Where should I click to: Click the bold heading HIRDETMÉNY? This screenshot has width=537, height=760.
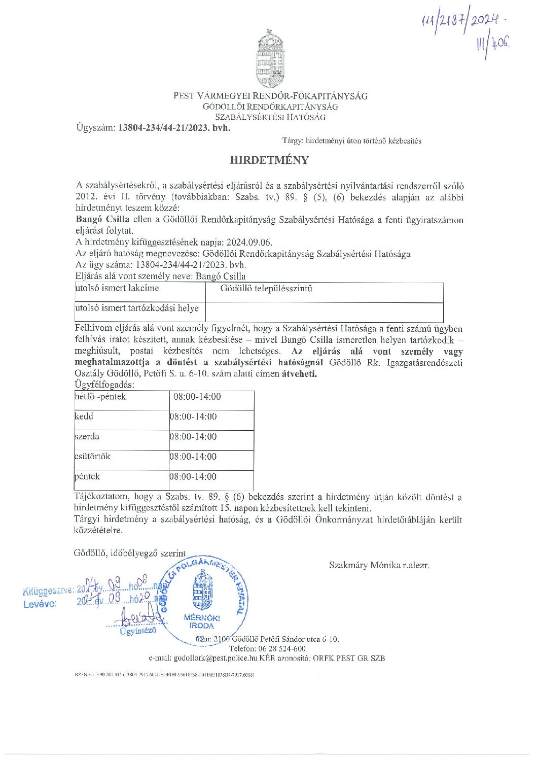tap(269, 160)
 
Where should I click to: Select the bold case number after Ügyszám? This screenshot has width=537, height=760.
tap(174, 128)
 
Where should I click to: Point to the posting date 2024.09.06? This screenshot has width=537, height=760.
tap(249, 243)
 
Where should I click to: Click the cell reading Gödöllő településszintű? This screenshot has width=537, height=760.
tap(266, 289)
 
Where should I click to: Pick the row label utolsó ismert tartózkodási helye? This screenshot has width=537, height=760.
tap(137, 308)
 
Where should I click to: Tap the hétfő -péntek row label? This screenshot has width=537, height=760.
tap(100, 397)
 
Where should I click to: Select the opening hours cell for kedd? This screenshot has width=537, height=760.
tap(193, 417)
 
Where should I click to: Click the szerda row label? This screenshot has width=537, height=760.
tap(87, 436)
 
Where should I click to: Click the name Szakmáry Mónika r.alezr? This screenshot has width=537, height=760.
tap(379, 565)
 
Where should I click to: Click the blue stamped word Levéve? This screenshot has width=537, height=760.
tap(40, 604)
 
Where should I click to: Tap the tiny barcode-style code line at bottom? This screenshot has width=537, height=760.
tap(164, 675)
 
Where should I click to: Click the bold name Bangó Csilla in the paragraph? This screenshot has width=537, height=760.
tap(102, 220)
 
